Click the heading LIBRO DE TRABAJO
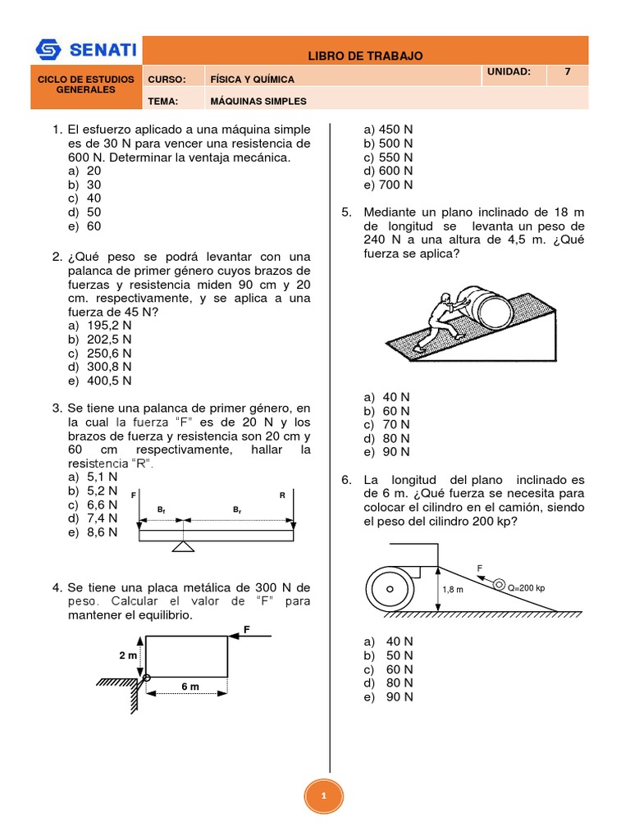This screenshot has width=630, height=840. click(365, 56)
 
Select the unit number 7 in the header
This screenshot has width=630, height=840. click(566, 72)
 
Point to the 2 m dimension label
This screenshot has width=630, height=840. click(128, 655)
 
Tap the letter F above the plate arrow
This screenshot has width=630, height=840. click(245, 629)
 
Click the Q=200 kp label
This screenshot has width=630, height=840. click(527, 587)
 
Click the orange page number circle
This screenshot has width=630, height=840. click(324, 796)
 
